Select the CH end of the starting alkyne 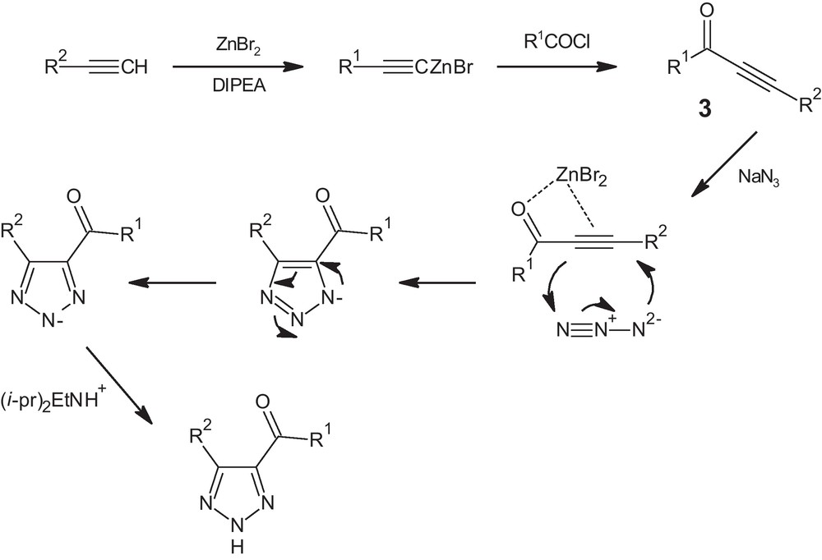pos(134,65)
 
